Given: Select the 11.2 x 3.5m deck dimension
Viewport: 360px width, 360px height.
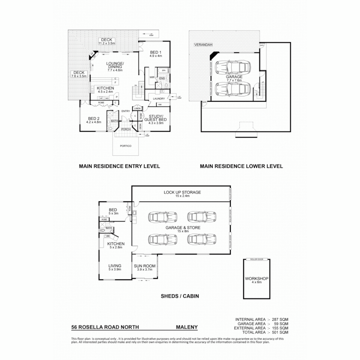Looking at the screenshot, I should click(x=107, y=43).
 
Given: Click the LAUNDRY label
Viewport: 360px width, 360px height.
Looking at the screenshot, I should click(x=159, y=99).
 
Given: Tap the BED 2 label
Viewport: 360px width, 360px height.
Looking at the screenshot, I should click(x=94, y=118).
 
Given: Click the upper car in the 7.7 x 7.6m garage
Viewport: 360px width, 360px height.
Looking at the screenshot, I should click(x=233, y=67).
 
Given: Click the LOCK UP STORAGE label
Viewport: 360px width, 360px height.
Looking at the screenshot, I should click(x=182, y=192).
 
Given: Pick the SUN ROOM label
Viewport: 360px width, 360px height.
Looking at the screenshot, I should click(x=143, y=266).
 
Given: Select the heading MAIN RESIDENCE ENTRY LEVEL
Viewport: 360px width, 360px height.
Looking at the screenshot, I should click(x=119, y=166).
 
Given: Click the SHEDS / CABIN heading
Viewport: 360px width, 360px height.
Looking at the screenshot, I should click(x=180, y=296).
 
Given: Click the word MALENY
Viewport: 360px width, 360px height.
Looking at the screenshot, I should click(x=187, y=327).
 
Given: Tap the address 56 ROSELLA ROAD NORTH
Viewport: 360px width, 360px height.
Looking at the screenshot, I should click(x=103, y=327).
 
